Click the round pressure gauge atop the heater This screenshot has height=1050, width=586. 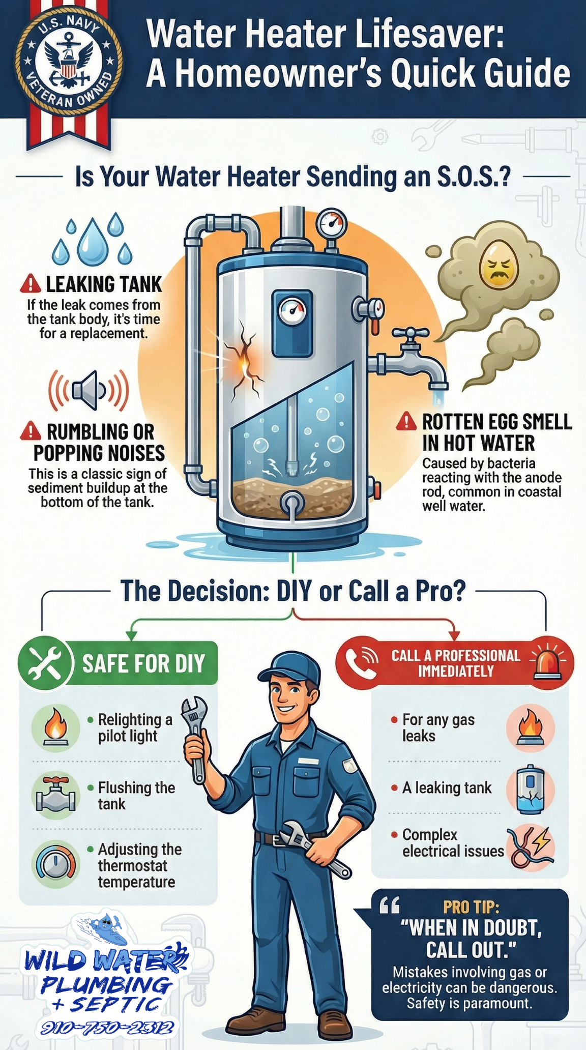[332, 222]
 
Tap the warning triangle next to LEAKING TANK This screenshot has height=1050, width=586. [31, 284]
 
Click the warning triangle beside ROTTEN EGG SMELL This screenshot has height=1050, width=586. [406, 421]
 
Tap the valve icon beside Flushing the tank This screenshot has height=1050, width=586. [56, 795]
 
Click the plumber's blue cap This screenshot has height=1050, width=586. [290, 668]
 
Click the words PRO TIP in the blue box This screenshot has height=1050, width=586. [471, 907]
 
